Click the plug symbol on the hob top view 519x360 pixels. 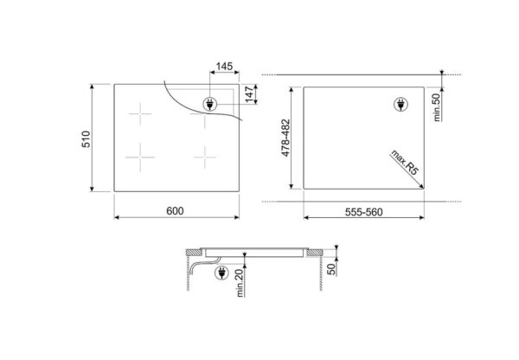pyautogui.click(x=209, y=105)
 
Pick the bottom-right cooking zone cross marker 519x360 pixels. pyautogui.click(x=205, y=156)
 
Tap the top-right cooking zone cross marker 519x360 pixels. pyautogui.click(x=205, y=119)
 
